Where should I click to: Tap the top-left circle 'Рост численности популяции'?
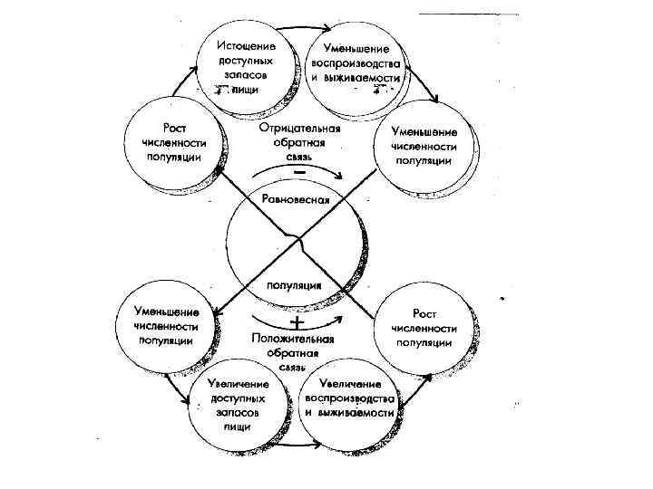(174, 142)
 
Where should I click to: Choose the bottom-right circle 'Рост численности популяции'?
(424, 327)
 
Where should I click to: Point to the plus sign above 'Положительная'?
(296, 323)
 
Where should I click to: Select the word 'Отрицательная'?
(299, 128)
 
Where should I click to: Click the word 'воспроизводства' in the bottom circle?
(349, 398)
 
